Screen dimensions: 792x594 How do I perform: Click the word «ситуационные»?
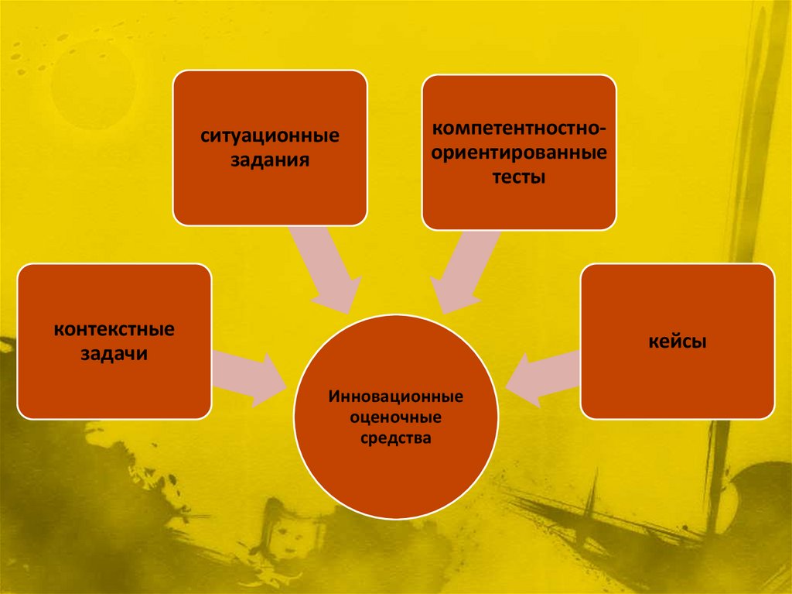click(x=270, y=136)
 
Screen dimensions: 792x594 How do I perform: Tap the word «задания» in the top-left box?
click(x=270, y=161)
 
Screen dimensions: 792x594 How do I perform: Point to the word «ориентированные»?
click(x=519, y=152)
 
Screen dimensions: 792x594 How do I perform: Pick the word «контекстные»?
click(x=114, y=330)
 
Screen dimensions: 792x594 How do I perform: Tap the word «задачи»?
click(x=114, y=355)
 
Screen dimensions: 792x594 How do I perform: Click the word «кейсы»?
click(x=678, y=341)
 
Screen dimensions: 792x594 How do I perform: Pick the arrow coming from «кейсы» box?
click(x=545, y=376)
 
